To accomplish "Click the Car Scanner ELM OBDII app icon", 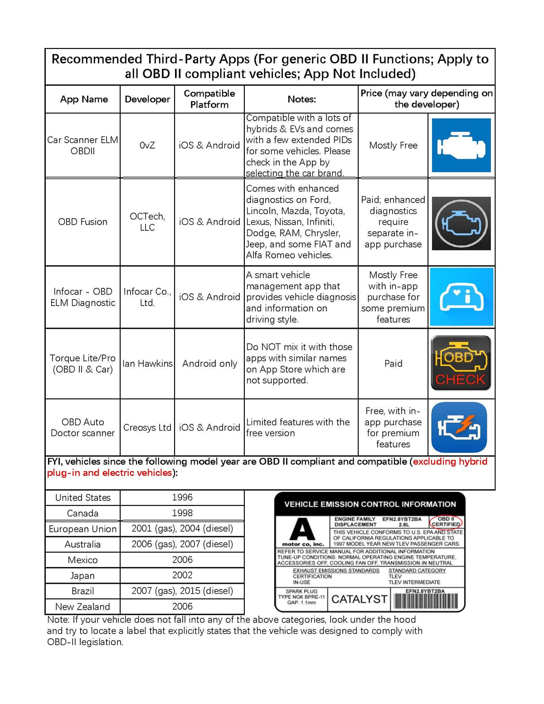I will pos(461,145).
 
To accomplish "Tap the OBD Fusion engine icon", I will pos(461,223).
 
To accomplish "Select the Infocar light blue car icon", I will pos(461,297).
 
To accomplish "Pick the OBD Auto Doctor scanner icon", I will pos(459,427).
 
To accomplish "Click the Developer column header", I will pos(147,99).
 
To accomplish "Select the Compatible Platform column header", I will pos(209,99).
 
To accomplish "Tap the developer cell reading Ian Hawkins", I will pos(147,364).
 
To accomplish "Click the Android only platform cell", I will pos(209,364).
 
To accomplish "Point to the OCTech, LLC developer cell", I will pos(147,222).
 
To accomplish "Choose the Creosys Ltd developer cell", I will pos(147,427).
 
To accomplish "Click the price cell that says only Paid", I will pos(393,364).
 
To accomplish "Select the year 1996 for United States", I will pos(182,497).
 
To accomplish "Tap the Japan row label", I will pos(83,576).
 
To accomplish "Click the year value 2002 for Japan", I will pos(182,575).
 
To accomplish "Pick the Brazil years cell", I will pos(182,591).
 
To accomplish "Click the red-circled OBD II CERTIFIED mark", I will pos(446,521).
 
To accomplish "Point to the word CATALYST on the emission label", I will pos(359,599).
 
